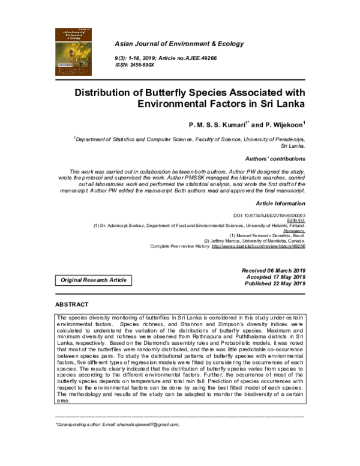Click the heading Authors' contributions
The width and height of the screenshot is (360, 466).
point(276,159)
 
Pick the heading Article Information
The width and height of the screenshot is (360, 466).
point(280,204)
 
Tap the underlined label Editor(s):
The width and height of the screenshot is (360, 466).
point(295,220)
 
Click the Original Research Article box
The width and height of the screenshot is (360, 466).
point(93,280)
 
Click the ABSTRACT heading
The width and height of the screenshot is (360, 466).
point(72,304)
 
